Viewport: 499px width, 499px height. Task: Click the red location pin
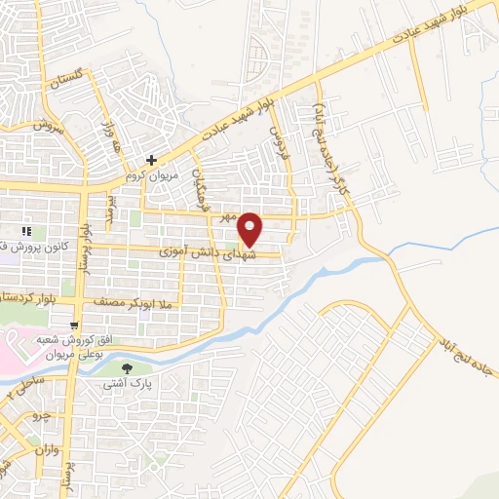[250, 228]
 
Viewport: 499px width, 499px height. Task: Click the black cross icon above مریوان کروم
[152, 159]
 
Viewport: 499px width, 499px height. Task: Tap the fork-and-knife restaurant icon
[27, 231]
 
